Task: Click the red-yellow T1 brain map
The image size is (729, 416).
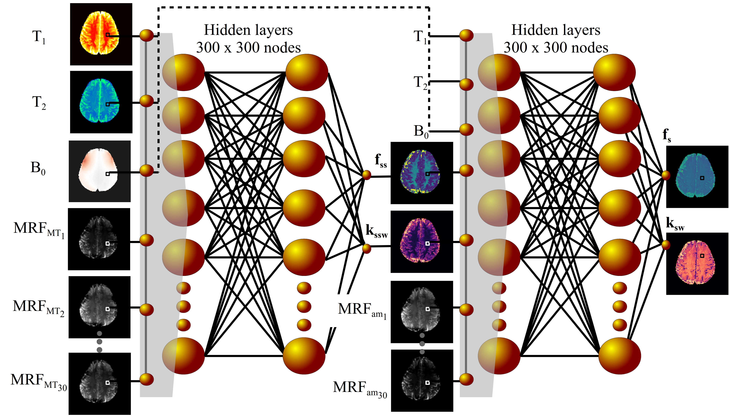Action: [101, 34]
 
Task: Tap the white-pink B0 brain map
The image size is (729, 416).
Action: [100, 171]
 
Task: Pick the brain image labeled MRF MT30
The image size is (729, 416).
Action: [100, 383]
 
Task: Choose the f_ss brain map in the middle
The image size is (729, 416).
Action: [422, 173]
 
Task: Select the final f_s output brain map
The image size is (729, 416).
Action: [697, 177]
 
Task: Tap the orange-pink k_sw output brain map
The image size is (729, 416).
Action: [697, 263]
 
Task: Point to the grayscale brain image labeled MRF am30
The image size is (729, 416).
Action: [422, 380]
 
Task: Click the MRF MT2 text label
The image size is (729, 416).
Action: [39, 307]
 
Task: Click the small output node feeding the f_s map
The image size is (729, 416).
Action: [666, 175]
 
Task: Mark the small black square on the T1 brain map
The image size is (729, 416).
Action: [108, 35]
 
